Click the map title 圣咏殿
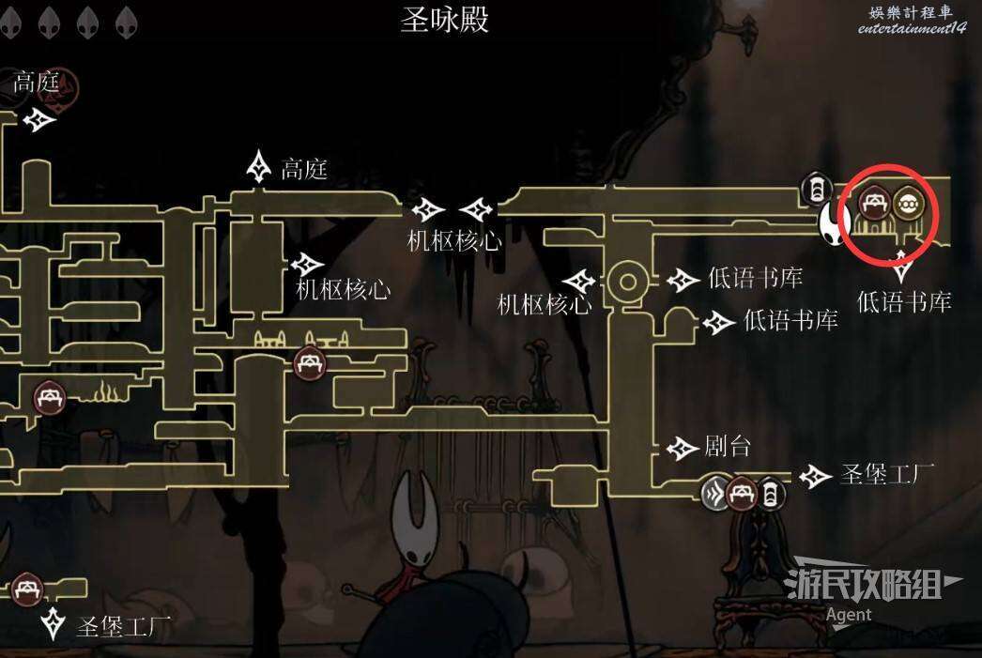click(445, 19)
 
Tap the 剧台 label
click(728, 447)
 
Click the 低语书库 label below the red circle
click(904, 301)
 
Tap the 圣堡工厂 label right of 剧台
click(886, 475)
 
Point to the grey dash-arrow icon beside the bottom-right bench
click(716, 493)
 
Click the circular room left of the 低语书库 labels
click(628, 281)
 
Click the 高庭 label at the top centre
click(304, 170)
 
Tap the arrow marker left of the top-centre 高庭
click(258, 167)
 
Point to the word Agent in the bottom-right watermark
click(849, 616)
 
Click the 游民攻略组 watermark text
click(863, 584)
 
